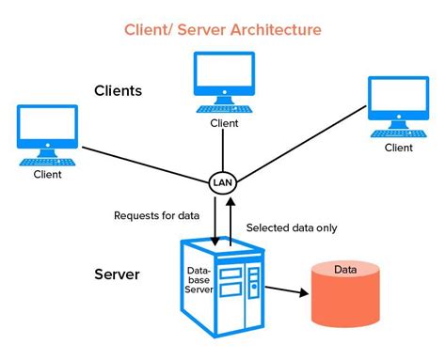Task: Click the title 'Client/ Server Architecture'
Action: [223, 29]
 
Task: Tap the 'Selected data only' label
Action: [292, 227]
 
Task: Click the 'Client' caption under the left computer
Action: [47, 174]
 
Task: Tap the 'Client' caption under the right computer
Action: [398, 148]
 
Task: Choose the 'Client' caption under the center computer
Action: [224, 122]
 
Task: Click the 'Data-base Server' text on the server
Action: [199, 279]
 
